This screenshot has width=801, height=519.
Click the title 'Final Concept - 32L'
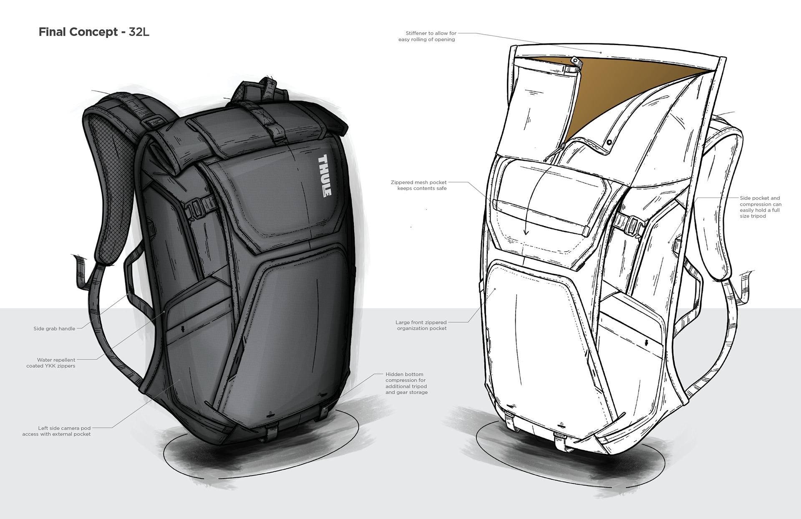[x=94, y=32]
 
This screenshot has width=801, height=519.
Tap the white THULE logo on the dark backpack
[x=325, y=176]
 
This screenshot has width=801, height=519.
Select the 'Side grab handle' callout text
[x=54, y=329]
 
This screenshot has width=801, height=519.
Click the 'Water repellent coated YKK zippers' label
[x=51, y=363]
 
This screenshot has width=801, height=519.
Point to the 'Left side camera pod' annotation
[x=57, y=431]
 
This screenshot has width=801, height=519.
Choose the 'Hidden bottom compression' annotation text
[x=406, y=383]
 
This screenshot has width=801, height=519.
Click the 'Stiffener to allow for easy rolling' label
[x=427, y=36]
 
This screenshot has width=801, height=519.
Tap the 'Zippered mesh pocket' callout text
[x=419, y=185]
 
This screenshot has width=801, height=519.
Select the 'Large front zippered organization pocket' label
[x=421, y=325]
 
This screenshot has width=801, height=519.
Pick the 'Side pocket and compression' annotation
[x=760, y=207]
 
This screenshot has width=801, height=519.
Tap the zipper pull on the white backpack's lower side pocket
[x=646, y=343]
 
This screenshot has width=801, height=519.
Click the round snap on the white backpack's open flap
[x=610, y=142]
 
